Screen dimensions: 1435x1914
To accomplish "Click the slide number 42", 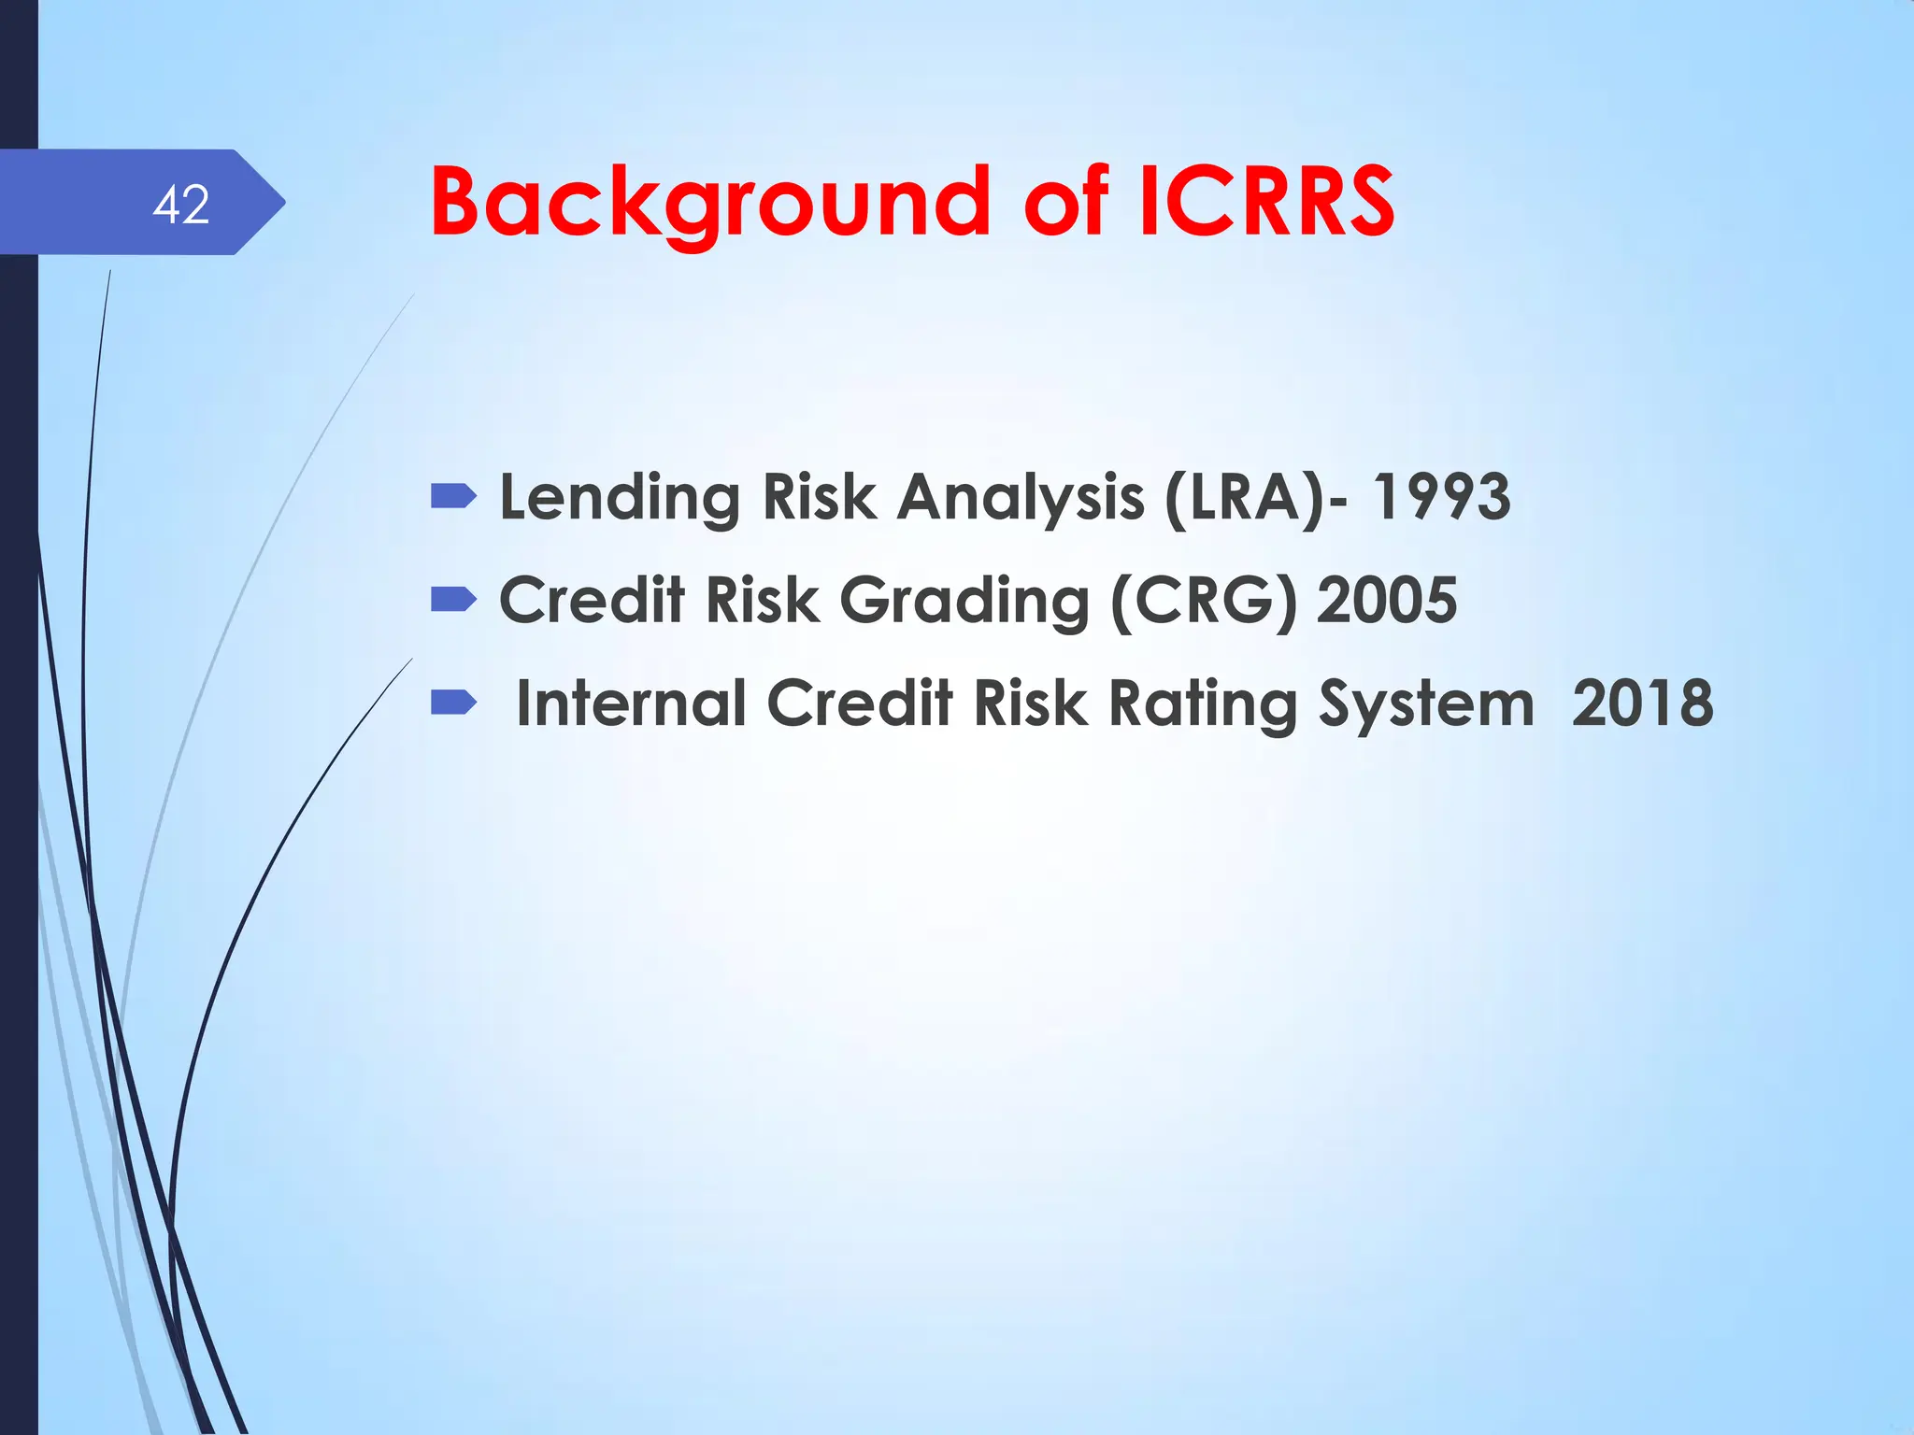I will pos(181,205).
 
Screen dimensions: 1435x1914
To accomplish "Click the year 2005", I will pos(1387,600).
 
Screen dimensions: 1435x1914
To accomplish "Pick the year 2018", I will pos(1643,703).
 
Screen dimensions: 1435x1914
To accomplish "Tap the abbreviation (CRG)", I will pos(1204,600).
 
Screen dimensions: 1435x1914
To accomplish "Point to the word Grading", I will pos(964,600).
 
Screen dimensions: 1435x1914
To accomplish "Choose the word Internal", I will pos(630,703).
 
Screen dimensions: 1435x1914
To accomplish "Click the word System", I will pos(1426,703).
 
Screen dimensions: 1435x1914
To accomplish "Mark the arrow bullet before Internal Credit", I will pos(453,702).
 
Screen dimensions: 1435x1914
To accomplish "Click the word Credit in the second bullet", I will pos(592,600).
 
